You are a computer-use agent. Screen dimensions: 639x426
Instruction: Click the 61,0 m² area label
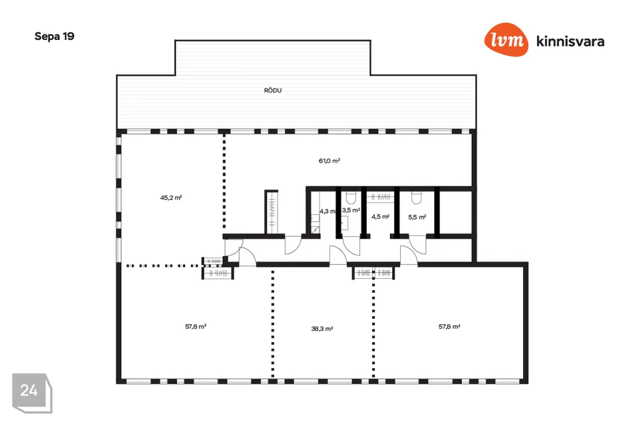tap(329, 160)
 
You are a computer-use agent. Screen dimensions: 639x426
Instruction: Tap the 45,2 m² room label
tap(171, 198)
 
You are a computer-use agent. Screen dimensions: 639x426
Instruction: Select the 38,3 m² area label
tap(322, 329)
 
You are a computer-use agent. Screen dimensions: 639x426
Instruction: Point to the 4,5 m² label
tap(380, 216)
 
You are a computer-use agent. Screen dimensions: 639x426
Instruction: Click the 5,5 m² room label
tap(417, 217)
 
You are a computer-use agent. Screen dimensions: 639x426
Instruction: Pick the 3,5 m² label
tap(351, 210)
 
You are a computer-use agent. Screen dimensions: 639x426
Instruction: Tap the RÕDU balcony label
tap(273, 90)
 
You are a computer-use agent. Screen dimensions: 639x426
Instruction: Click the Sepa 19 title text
tap(55, 37)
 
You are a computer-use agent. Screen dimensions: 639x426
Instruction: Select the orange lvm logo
tap(506, 39)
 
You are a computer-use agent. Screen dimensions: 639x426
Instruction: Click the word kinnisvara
tap(570, 41)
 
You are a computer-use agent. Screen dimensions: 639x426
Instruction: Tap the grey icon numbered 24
tap(32, 393)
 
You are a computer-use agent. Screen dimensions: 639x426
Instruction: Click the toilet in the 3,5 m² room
tap(351, 198)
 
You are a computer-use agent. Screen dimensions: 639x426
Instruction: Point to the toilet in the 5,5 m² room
tap(417, 198)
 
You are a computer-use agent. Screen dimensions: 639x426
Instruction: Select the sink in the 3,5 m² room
tap(345, 223)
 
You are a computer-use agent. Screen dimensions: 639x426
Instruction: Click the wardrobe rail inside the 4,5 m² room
tap(380, 197)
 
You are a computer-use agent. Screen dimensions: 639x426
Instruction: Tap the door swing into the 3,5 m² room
tap(351, 246)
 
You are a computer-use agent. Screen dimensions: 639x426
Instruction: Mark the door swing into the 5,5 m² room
tap(418, 246)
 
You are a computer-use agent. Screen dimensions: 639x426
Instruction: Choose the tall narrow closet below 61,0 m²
tap(272, 212)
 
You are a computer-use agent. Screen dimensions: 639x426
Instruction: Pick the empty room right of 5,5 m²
tap(455, 212)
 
